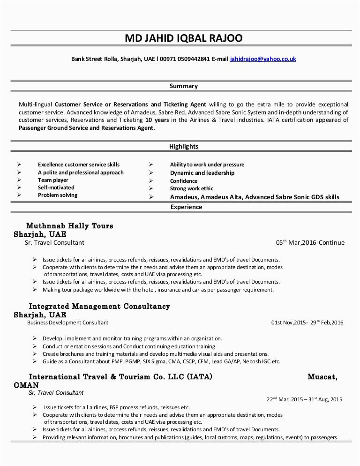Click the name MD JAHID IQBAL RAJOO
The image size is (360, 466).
(183, 38)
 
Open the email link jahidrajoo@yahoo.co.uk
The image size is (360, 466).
(262, 60)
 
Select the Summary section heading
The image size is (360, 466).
(183, 86)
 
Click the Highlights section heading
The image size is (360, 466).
(183, 147)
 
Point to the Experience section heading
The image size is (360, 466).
(186, 207)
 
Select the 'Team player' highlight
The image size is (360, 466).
(53, 180)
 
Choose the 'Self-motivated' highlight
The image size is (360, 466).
(56, 188)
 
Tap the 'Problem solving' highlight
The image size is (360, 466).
(58, 195)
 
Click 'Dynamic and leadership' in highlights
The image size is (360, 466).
(202, 173)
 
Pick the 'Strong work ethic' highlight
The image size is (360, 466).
(191, 188)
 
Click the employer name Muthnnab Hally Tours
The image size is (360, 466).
(69, 226)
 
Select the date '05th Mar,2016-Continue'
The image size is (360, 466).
(310, 243)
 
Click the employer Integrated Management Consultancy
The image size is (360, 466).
(99, 306)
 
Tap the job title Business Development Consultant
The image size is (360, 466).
(67, 323)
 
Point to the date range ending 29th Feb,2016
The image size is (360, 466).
(307, 323)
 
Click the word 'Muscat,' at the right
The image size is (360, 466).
(322, 376)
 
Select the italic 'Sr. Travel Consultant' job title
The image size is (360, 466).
(56, 392)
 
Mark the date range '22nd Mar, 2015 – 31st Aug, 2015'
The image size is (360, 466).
(304, 400)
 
